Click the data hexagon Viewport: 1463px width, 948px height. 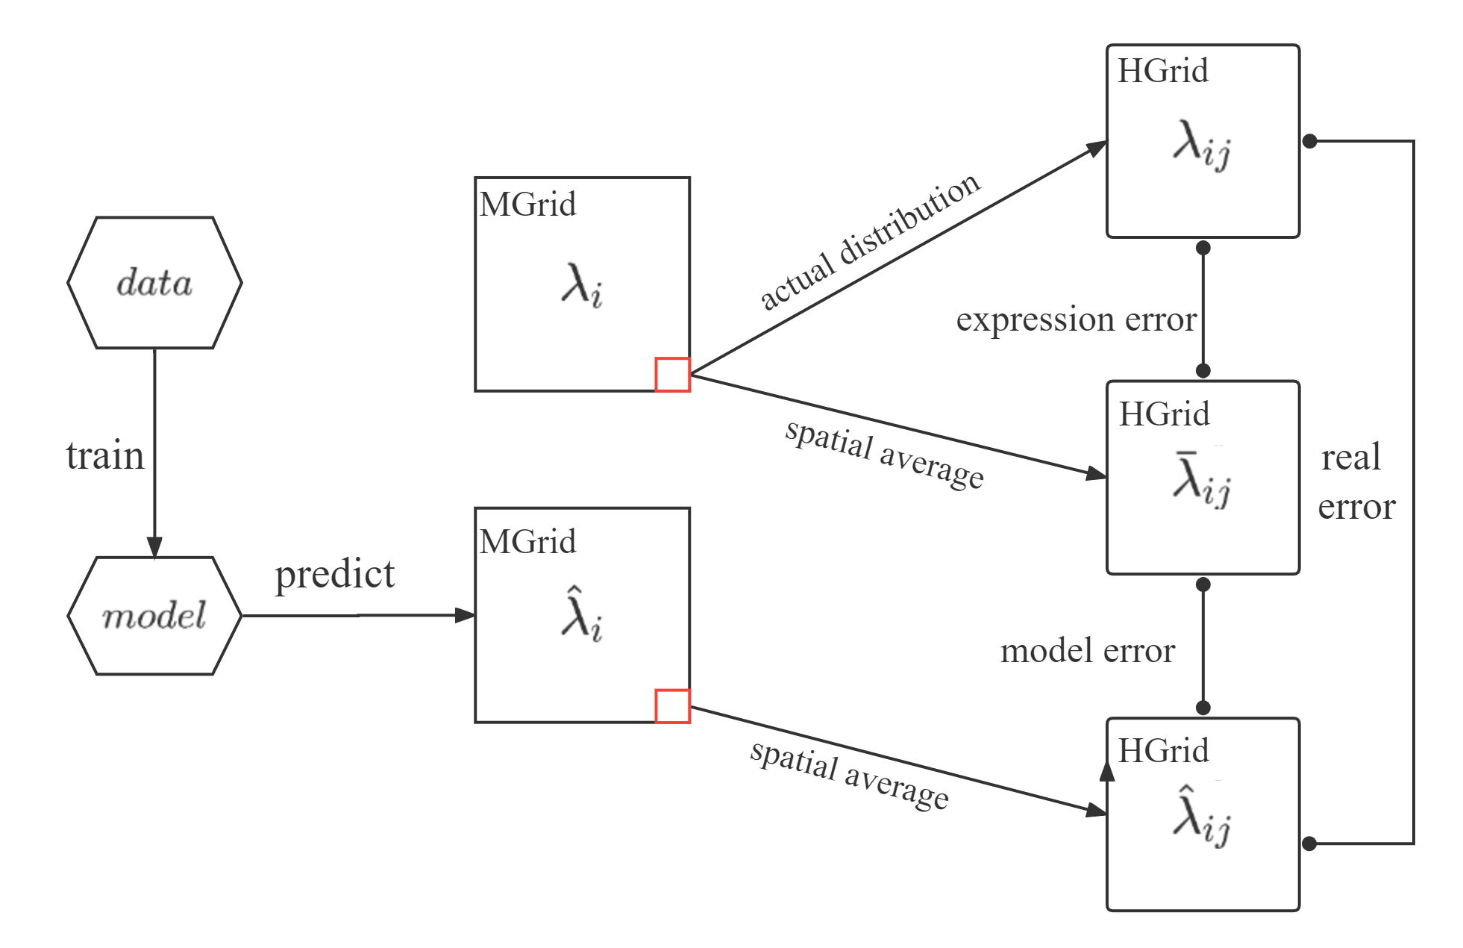154,283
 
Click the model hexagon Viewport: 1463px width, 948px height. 154,616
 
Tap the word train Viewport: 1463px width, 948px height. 105,455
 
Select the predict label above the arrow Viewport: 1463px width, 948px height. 335,574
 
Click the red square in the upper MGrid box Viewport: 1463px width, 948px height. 672,375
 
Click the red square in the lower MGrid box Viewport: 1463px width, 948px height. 672,706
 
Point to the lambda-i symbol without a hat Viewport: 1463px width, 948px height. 581,287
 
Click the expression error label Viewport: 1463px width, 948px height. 1076,319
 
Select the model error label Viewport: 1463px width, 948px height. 1087,651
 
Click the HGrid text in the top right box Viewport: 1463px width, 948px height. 1162,71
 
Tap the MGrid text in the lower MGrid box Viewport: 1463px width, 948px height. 527,542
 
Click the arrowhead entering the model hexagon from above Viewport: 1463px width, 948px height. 154,546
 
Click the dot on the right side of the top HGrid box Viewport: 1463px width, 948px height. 1309,141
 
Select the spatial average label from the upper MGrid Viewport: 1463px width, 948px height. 885,454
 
